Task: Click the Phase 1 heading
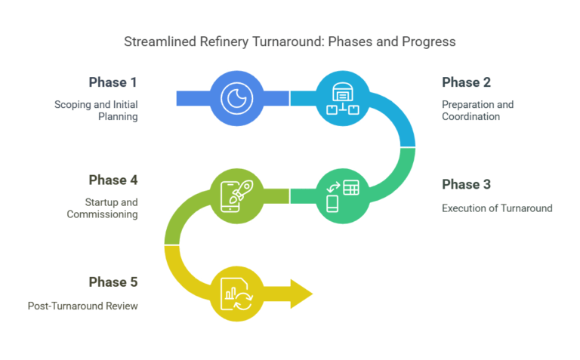pyautogui.click(x=113, y=82)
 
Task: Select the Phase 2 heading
pyautogui.click(x=467, y=82)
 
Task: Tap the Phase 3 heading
pyautogui.click(x=467, y=184)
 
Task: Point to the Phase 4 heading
pyautogui.click(x=113, y=180)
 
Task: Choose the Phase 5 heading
pyautogui.click(x=113, y=282)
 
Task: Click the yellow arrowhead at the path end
pyautogui.click(x=301, y=293)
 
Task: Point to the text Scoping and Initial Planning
pyautogui.click(x=95, y=110)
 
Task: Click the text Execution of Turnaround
pyautogui.click(x=497, y=208)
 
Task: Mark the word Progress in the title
pyautogui.click(x=430, y=42)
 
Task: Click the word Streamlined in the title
pyautogui.click(x=156, y=42)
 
